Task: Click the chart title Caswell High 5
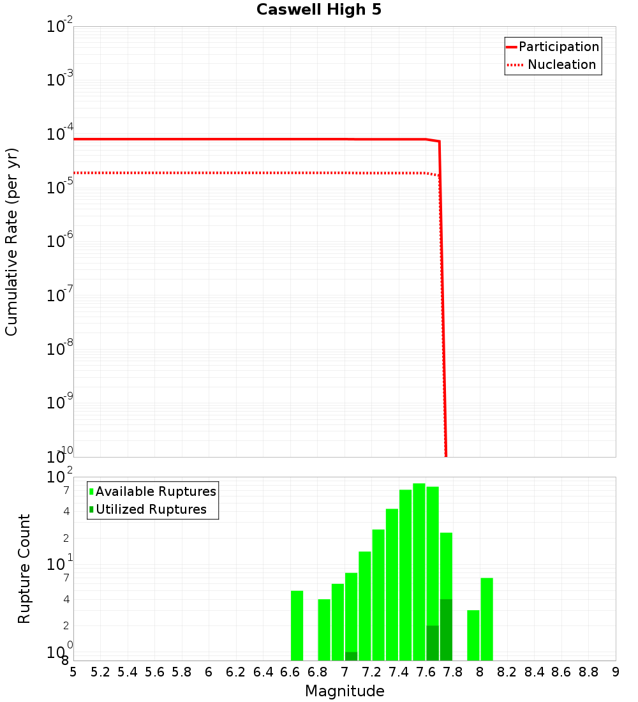pyautogui.click(x=319, y=10)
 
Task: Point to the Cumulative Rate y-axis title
pyautogui.click(x=11, y=242)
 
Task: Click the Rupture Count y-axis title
pyautogui.click(x=24, y=569)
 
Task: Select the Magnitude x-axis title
pyautogui.click(x=345, y=691)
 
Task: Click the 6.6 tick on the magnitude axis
pyautogui.click(x=290, y=672)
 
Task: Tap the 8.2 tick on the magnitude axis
pyautogui.click(x=507, y=672)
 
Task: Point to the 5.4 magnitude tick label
pyautogui.click(x=127, y=672)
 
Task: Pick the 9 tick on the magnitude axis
pyautogui.click(x=616, y=672)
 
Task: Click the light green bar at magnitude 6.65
pyautogui.click(x=297, y=625)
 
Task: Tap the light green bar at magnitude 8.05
pyautogui.click(x=487, y=619)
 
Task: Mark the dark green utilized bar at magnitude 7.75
pyautogui.click(x=446, y=630)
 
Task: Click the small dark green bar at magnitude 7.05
pyautogui.click(x=351, y=656)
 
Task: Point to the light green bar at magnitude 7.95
pyautogui.click(x=473, y=635)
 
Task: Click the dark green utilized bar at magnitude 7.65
pyautogui.click(x=433, y=643)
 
